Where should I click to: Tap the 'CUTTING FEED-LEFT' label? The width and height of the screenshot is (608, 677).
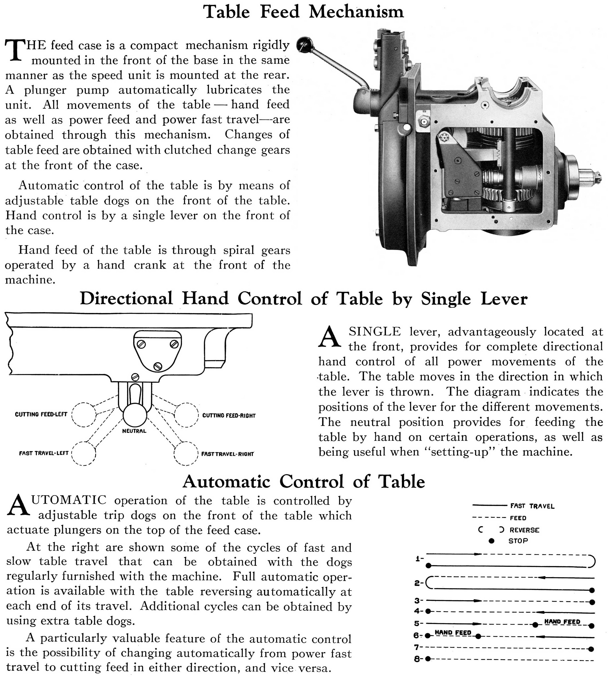tap(41, 414)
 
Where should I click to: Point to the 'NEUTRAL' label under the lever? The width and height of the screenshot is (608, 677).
tap(134, 431)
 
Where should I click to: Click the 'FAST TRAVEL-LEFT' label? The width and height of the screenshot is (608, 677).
tap(44, 453)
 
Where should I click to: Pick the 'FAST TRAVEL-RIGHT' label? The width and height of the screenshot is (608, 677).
tap(227, 454)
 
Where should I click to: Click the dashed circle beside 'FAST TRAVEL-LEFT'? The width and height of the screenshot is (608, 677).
tap(84, 453)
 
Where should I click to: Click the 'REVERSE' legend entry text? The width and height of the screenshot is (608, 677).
tap(524, 530)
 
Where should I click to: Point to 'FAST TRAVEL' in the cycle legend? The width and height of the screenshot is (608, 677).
tap(532, 506)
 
